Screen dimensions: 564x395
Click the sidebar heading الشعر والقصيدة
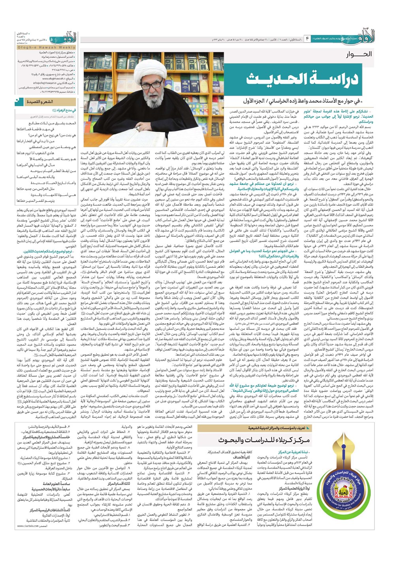pos(39,102)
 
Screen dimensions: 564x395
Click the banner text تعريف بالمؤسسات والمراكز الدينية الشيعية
pos(276,428)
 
